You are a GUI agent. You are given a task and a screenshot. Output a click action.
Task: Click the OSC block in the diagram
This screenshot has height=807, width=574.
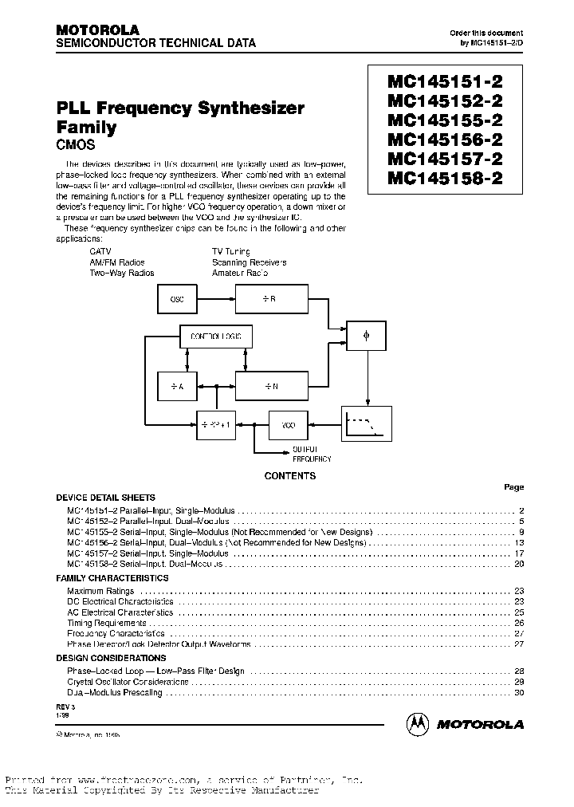(x=177, y=299)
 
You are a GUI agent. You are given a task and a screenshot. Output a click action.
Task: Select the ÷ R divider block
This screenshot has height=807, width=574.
(x=270, y=299)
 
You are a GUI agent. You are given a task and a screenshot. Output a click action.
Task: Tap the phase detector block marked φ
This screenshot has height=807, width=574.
(x=367, y=337)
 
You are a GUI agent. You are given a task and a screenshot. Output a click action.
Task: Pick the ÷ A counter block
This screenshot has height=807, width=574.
(x=177, y=385)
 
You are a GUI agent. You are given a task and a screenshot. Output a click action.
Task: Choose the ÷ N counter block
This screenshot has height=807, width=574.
(x=270, y=385)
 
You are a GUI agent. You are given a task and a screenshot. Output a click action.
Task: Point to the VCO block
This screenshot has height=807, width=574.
(x=288, y=425)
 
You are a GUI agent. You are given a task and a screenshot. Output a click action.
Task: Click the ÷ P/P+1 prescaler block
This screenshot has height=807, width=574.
(x=217, y=425)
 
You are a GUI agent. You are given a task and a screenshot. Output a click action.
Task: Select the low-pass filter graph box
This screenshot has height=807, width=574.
(x=367, y=423)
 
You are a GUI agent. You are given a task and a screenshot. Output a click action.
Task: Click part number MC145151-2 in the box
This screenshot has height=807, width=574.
(x=444, y=81)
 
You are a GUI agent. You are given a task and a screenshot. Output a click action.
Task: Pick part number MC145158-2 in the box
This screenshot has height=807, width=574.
(x=444, y=179)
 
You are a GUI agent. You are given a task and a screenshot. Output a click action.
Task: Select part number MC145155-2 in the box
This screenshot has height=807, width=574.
(x=444, y=120)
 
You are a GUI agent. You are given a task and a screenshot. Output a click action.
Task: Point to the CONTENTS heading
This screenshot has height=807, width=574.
(x=289, y=476)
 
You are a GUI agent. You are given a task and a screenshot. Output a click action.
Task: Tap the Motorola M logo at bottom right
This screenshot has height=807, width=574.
(x=417, y=723)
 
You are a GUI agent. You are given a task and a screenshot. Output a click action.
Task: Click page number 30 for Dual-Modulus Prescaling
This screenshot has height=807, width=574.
(x=519, y=692)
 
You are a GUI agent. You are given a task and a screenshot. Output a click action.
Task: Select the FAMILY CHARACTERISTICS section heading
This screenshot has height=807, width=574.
(x=112, y=578)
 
